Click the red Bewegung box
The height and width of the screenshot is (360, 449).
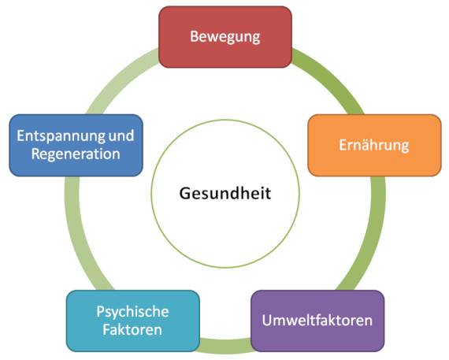tap(225, 37)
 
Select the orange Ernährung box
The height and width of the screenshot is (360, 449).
tap(374, 145)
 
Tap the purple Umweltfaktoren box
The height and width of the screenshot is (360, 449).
tap(317, 321)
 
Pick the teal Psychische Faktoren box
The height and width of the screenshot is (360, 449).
tap(133, 321)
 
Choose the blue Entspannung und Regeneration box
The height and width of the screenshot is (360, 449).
tap(76, 145)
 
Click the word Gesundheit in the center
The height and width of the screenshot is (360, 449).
tap(225, 193)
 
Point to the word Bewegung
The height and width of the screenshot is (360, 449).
tap(225, 37)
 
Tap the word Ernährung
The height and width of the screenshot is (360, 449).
tap(374, 145)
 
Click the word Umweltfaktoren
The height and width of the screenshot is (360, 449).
tap(317, 320)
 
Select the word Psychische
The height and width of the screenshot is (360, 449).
tap(132, 312)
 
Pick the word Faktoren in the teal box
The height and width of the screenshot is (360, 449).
tap(132, 329)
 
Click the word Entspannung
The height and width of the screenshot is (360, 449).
tap(61, 136)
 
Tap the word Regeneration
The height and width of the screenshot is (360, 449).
tap(76, 154)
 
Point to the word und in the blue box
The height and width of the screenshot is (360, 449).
tap(121, 135)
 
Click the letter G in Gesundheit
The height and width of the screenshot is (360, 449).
tap(185, 193)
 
